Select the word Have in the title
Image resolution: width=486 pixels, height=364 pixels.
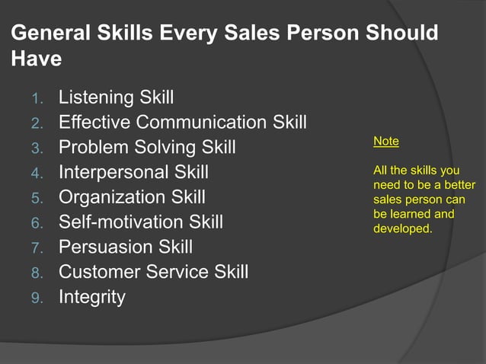click(37, 59)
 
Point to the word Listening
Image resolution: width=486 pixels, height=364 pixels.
click(97, 97)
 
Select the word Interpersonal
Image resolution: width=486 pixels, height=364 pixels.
click(114, 172)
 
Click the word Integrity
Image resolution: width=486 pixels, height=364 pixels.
click(91, 297)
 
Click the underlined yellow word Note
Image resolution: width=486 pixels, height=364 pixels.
click(386, 142)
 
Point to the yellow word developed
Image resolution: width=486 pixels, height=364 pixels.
click(402, 227)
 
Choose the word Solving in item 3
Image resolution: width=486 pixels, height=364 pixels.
click(159, 147)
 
